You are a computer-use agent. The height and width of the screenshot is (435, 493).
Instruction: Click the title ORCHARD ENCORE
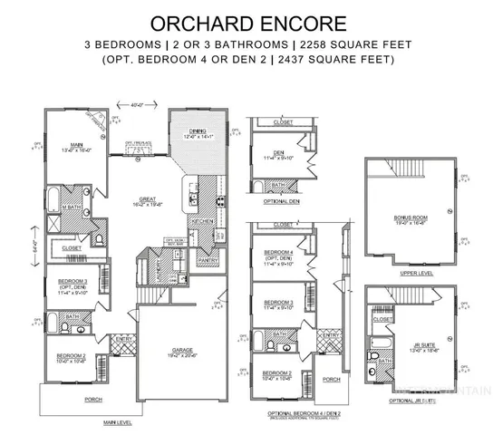[x=246, y=22]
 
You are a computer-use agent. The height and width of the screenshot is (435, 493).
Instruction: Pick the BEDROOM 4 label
[x=278, y=251]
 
